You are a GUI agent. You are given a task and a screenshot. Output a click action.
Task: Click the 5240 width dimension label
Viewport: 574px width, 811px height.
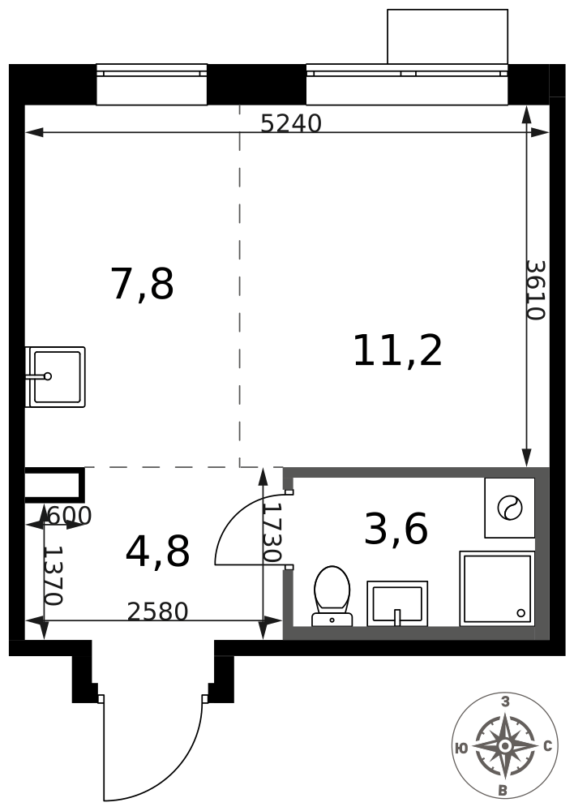tap(290, 123)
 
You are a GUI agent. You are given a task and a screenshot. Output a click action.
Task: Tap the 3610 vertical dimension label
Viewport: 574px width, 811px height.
tap(536, 290)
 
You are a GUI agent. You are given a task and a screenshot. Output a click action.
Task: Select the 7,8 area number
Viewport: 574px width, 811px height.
tap(142, 283)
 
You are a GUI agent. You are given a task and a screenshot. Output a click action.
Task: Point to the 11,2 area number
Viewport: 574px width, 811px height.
tap(397, 350)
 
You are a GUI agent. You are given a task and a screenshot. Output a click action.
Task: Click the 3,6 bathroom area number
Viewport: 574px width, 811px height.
tap(396, 529)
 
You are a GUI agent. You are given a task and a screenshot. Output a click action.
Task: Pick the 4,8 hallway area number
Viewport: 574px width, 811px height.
tap(158, 551)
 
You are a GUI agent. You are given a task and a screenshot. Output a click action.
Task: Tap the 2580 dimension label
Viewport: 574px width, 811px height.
tap(158, 611)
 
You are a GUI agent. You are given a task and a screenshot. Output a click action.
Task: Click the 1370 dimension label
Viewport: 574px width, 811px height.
tap(54, 576)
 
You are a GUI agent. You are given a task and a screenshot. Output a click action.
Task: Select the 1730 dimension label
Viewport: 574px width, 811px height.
tap(272, 533)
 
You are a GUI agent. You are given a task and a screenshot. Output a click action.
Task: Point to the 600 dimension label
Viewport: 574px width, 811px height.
tap(69, 516)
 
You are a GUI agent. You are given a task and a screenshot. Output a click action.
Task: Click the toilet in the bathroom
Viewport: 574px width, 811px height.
tap(332, 596)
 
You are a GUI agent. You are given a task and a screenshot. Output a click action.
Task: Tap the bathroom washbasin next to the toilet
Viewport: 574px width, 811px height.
tap(397, 603)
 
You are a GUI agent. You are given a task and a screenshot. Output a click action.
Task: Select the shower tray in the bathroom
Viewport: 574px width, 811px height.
tap(497, 589)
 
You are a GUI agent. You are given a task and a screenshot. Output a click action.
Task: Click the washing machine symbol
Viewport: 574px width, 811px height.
tap(509, 508)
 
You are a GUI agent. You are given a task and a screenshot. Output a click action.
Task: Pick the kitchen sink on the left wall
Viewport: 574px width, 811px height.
tap(55, 377)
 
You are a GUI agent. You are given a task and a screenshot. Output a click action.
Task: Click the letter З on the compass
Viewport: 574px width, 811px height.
tap(505, 702)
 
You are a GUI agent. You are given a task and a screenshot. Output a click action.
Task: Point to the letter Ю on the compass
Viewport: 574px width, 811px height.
tap(462, 748)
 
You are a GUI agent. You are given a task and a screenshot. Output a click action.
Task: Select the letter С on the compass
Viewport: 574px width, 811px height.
tap(548, 746)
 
